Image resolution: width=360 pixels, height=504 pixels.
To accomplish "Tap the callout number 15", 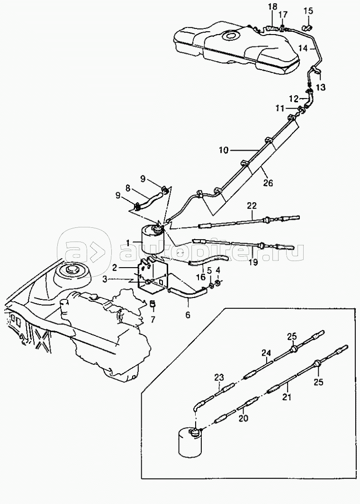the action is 308,11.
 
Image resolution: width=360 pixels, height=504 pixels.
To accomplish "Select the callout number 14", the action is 303,48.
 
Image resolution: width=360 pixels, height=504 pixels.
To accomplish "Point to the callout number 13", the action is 321,87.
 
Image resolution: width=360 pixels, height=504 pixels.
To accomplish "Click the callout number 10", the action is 224,150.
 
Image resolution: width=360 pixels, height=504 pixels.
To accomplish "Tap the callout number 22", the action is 252,206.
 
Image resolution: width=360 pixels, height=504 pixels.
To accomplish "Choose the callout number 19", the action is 253,262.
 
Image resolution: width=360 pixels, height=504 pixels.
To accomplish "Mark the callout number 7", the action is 153,319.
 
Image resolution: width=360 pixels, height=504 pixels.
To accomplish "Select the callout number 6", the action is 188,315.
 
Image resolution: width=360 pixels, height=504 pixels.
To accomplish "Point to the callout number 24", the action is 266,353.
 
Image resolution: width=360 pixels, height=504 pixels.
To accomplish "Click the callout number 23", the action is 219,377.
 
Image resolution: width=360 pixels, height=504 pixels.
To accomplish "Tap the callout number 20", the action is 243,419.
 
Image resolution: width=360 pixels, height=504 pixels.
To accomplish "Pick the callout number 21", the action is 287,397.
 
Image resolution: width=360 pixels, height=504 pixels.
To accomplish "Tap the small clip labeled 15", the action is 307,27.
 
